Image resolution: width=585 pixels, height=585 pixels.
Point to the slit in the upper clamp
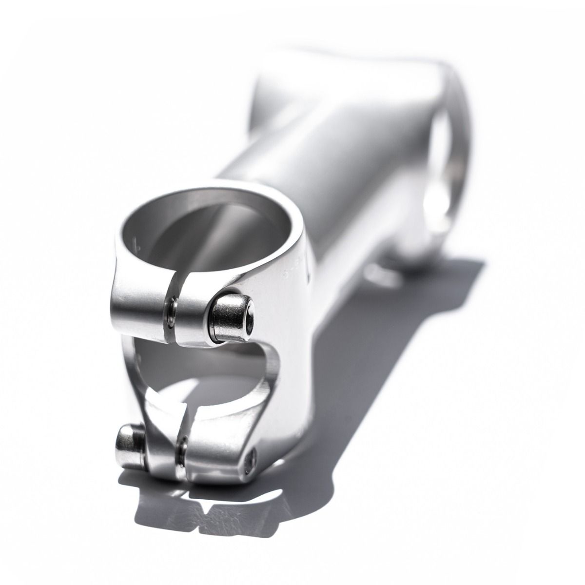point(173,312)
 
